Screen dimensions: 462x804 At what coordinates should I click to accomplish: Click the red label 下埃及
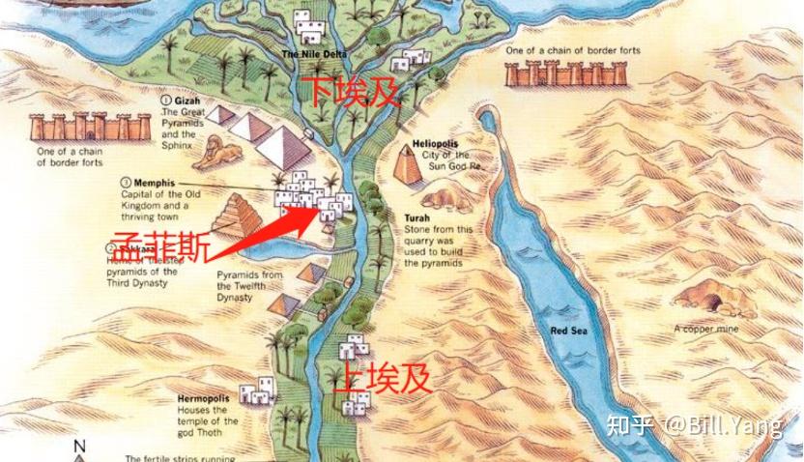[354, 92]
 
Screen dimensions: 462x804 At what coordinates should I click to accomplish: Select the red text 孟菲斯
[158, 248]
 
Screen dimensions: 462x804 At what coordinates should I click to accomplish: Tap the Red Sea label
[569, 332]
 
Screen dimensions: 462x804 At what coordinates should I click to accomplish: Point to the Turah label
[418, 218]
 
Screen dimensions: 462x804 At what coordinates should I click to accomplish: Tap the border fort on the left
[76, 127]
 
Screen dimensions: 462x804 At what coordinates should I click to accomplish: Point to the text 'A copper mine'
[706, 329]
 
